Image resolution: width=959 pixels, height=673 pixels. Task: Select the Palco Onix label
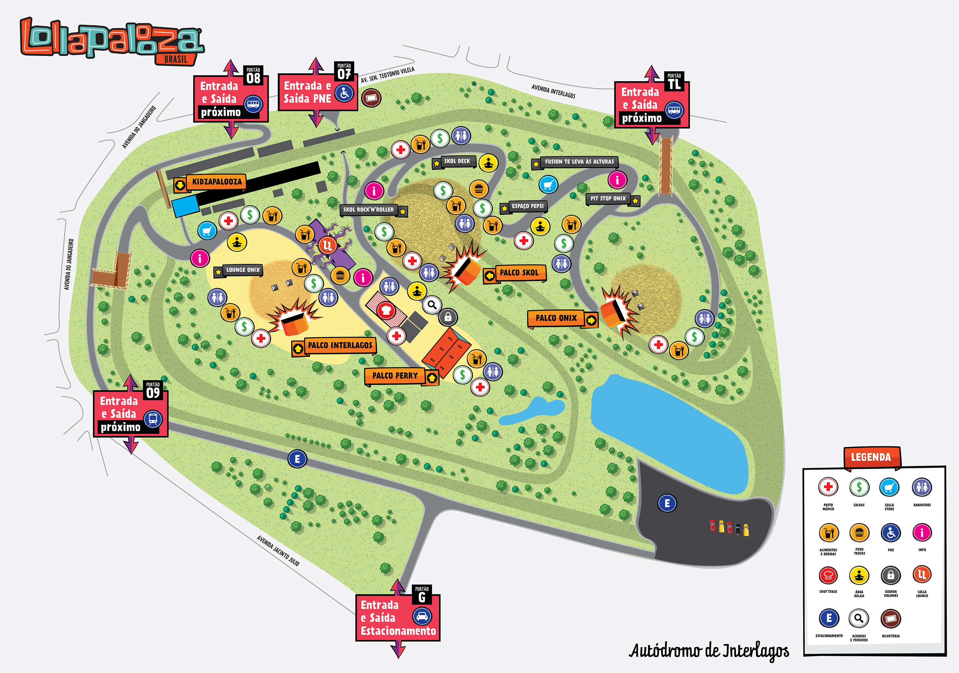[556, 318]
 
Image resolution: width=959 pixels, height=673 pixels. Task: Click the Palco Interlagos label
[340, 345]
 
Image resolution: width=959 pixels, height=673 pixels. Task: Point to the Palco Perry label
[395, 376]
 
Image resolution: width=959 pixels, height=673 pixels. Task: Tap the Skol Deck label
[457, 161]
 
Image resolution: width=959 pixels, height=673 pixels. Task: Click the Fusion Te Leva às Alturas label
[579, 161]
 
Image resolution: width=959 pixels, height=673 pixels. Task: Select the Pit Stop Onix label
[608, 199]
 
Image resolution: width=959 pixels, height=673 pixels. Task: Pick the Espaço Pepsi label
[528, 206]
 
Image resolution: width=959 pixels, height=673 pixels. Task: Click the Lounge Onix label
[243, 270]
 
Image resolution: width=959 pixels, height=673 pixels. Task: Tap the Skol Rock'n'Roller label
[368, 210]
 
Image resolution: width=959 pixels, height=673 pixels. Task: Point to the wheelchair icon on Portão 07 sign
[344, 93]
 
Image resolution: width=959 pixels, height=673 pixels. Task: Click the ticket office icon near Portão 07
[371, 98]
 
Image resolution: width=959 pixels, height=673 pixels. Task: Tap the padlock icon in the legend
[891, 575]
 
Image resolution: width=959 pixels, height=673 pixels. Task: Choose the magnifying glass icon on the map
[432, 305]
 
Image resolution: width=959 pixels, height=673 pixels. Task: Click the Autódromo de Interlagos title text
[709, 651]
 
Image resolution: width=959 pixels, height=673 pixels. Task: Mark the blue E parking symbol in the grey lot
[667, 503]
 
